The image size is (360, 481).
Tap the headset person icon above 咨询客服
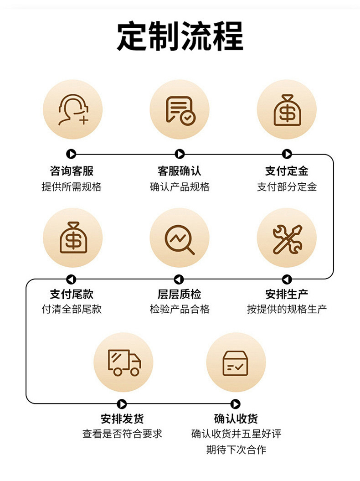72,109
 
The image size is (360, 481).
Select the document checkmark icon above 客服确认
180,109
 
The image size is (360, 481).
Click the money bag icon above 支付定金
287,109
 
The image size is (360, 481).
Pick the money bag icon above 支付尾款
72,238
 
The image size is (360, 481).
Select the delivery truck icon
123,362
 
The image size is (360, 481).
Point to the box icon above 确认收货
236,362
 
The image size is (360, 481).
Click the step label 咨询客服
72,171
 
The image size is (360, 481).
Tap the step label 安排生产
287,294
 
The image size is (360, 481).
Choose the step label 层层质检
179,294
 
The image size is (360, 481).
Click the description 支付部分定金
287,187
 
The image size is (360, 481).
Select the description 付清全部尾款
72,309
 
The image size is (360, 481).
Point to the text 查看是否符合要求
122,434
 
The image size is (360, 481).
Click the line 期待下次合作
236,450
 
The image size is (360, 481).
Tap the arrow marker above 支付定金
287,154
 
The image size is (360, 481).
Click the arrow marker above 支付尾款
71,279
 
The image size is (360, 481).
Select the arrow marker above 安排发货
122,404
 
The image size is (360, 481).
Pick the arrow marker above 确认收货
235,404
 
